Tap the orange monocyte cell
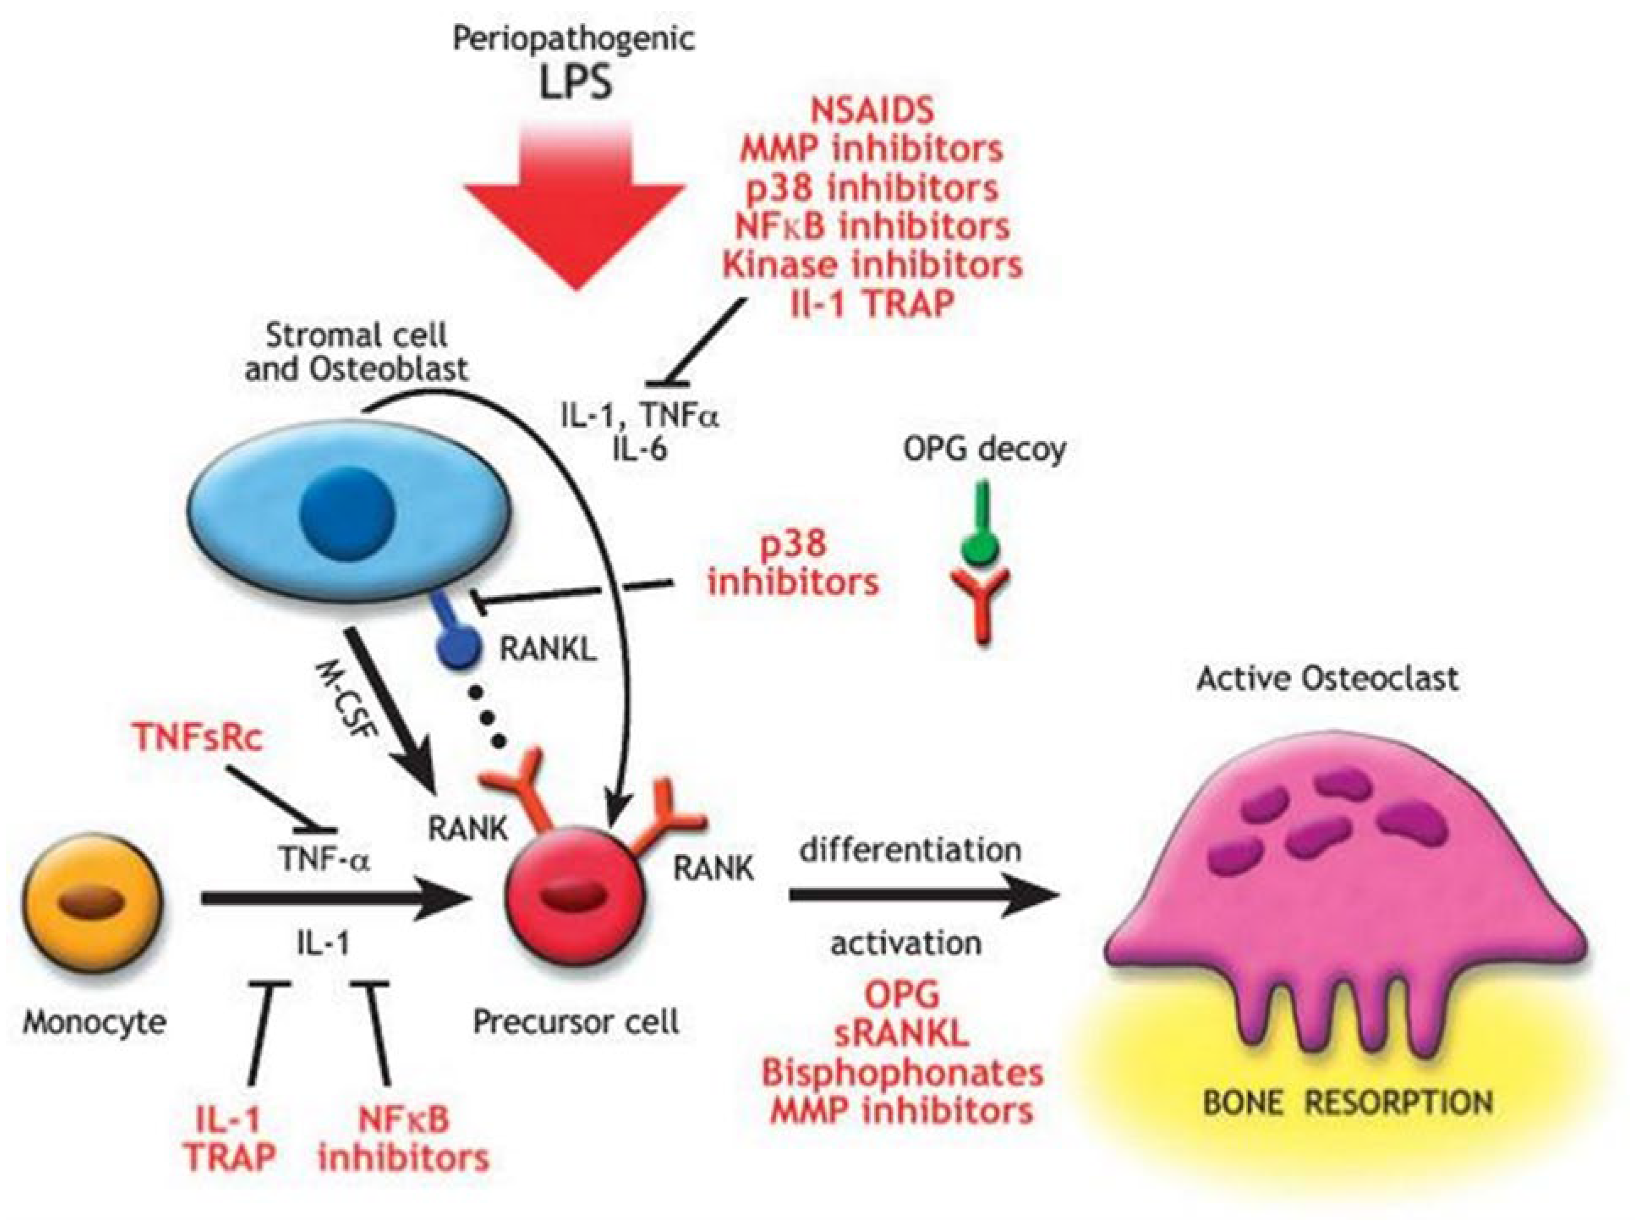(93, 901)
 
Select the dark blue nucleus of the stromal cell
(348, 512)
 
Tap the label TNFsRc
(198, 738)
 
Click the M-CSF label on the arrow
(346, 701)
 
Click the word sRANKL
(901, 1034)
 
